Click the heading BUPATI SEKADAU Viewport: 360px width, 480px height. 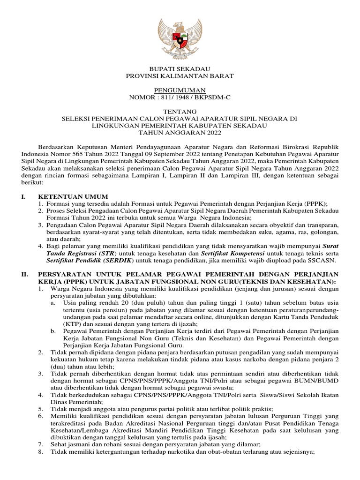point(180,69)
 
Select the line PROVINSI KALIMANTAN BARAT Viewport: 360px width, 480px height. point(180,76)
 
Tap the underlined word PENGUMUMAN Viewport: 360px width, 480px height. point(180,90)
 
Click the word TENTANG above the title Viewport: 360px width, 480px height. point(180,112)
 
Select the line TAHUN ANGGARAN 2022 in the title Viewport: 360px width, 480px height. point(180,133)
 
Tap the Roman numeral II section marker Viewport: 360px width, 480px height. point(24,274)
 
